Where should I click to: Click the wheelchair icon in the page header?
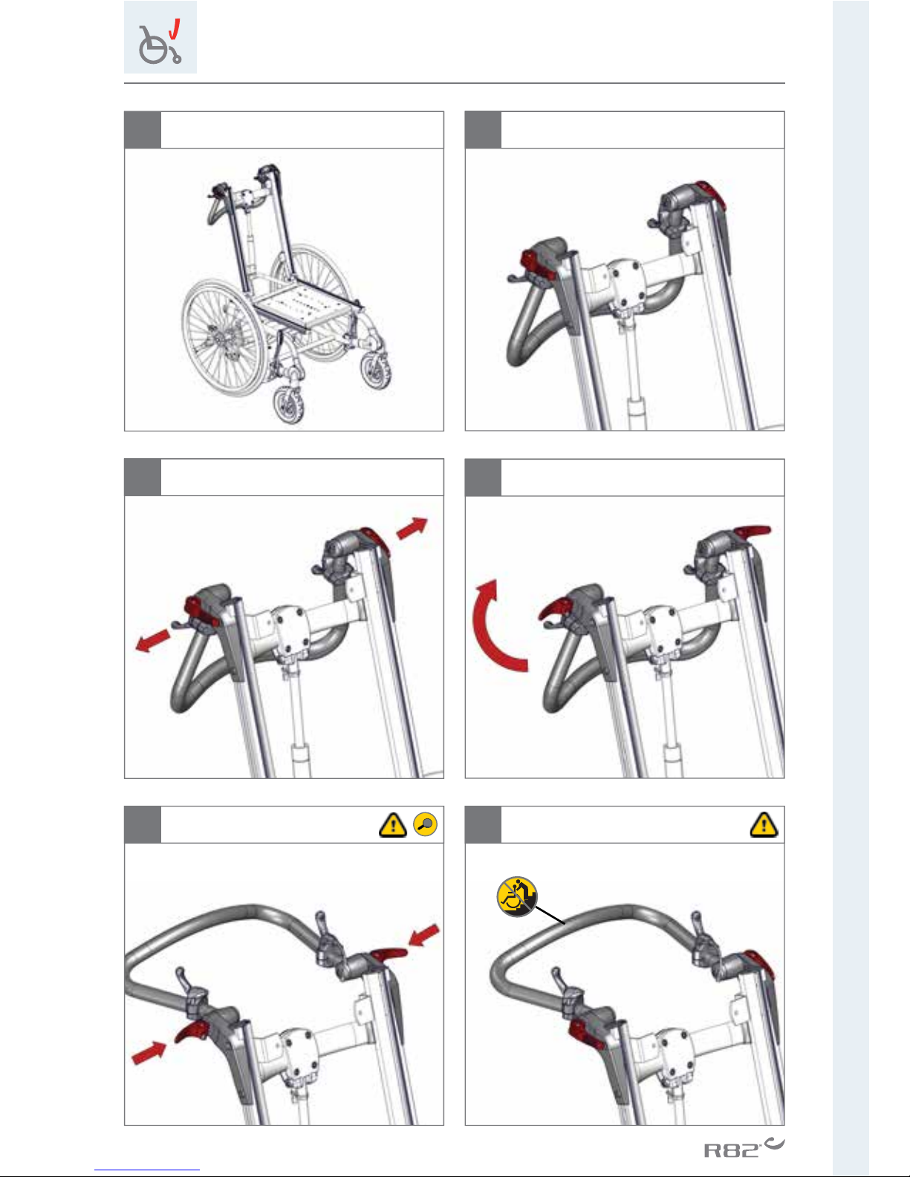(160, 42)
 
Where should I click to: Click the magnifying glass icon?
(425, 824)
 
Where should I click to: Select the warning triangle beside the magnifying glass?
(393, 825)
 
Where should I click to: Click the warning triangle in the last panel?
(764, 825)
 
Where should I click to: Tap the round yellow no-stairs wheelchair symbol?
(517, 897)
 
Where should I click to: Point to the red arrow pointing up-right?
(412, 528)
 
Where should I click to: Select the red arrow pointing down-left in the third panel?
(152, 640)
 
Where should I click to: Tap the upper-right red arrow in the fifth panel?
(424, 936)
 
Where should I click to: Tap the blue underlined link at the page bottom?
(147, 1170)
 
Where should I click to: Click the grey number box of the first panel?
(143, 130)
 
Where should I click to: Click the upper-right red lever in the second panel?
(710, 195)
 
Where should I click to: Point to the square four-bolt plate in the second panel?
(628, 284)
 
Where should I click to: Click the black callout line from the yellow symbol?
(550, 915)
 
